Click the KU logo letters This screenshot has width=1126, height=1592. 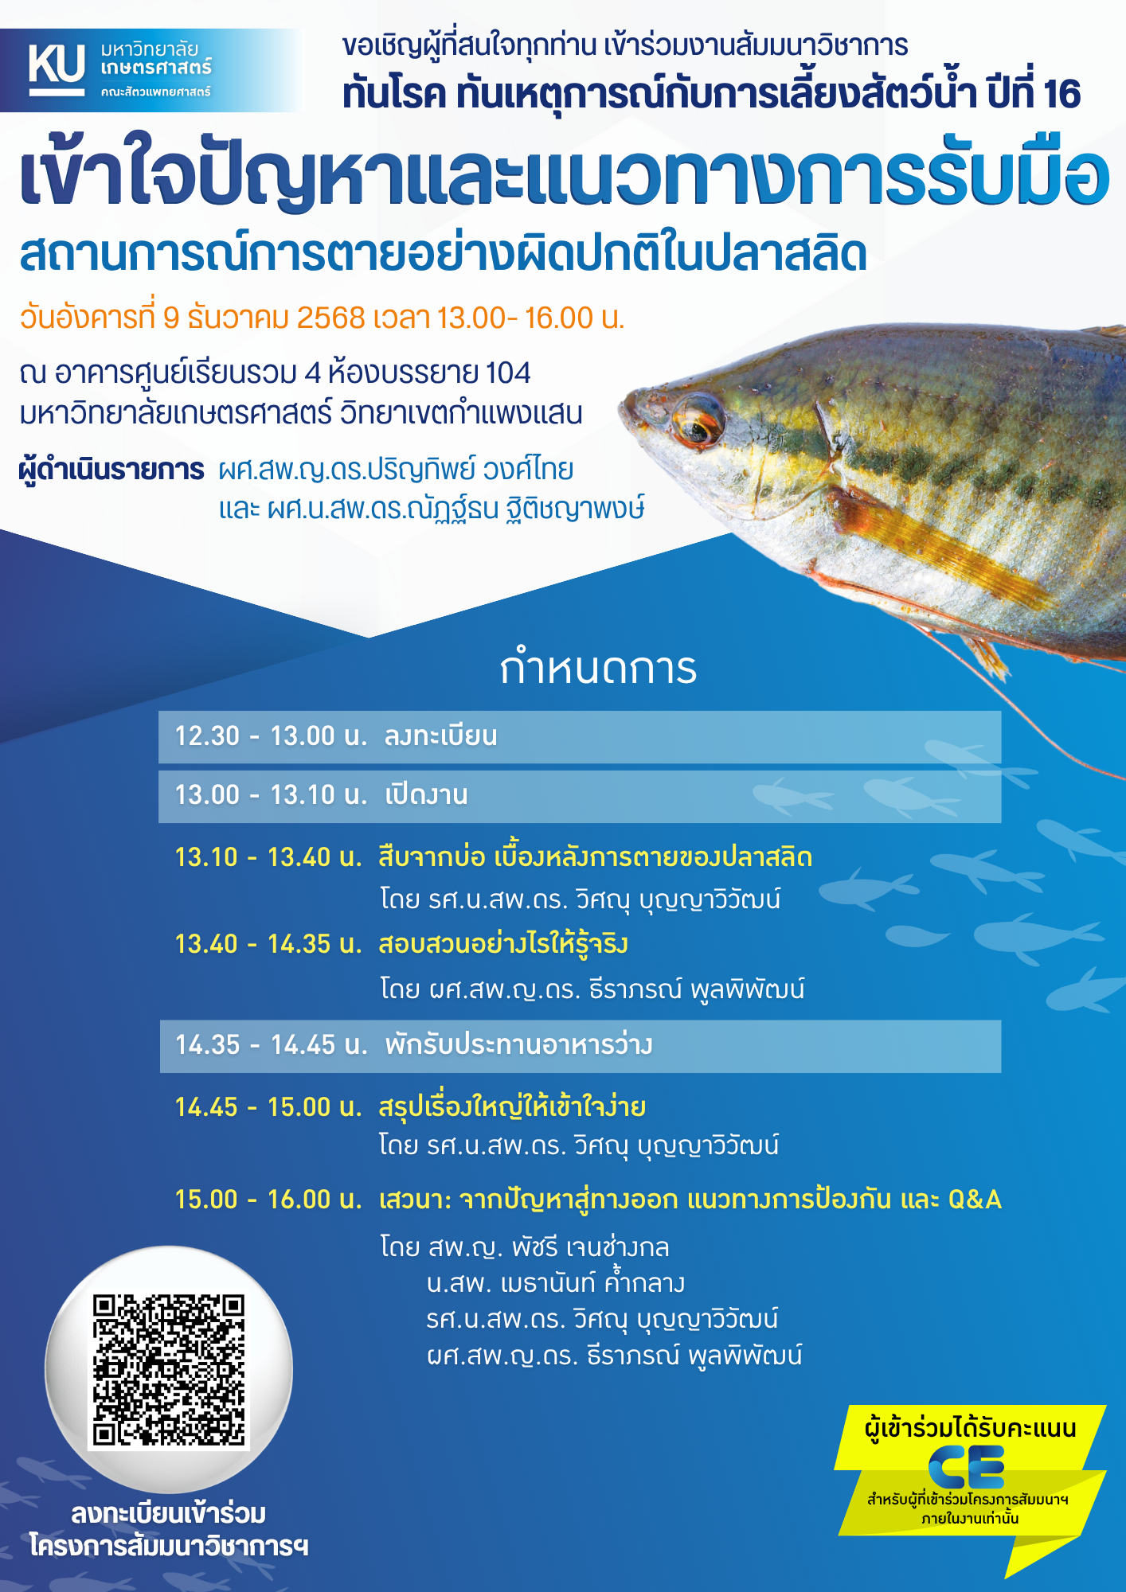click(x=57, y=64)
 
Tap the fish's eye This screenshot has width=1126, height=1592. click(x=698, y=419)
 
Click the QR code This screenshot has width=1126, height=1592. click(x=168, y=1369)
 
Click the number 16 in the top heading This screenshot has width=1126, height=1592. click(x=1061, y=94)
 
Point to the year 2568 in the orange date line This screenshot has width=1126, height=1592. click(x=330, y=318)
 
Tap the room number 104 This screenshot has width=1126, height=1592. click(x=508, y=373)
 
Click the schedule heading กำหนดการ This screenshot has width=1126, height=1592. click(x=598, y=669)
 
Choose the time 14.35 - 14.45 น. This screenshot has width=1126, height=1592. click(x=271, y=1045)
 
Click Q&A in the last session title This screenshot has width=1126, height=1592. click(x=974, y=1200)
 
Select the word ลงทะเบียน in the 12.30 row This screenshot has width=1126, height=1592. click(x=440, y=736)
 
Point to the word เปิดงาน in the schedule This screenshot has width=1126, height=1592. click(x=426, y=795)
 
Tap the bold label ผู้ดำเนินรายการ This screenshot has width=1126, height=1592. click(x=111, y=470)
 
